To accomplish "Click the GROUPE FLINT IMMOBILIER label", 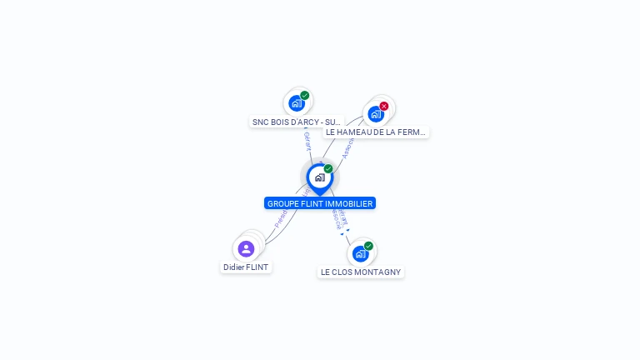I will (x=320, y=203).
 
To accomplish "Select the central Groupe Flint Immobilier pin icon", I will (x=319, y=177).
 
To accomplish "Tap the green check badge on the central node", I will (x=328, y=169).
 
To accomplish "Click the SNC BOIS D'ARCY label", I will (x=297, y=122).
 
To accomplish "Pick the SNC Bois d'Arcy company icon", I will (x=296, y=103).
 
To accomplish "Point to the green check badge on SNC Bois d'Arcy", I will (x=305, y=95).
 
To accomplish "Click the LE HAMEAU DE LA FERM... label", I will (x=376, y=132).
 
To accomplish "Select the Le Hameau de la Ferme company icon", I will (x=375, y=114).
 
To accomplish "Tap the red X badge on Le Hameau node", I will (x=384, y=106).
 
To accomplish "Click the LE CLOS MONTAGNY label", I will (x=361, y=272).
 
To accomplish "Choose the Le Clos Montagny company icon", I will (x=360, y=253).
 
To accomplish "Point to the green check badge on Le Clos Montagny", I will (x=368, y=246).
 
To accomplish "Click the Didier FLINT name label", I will (x=246, y=267).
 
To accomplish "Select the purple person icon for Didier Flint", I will (x=246, y=248).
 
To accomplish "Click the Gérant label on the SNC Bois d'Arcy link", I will (x=307, y=141).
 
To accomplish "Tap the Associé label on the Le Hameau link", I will (x=347, y=148).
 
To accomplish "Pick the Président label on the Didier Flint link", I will (x=282, y=217).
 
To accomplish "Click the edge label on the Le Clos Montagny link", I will (x=338, y=218).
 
